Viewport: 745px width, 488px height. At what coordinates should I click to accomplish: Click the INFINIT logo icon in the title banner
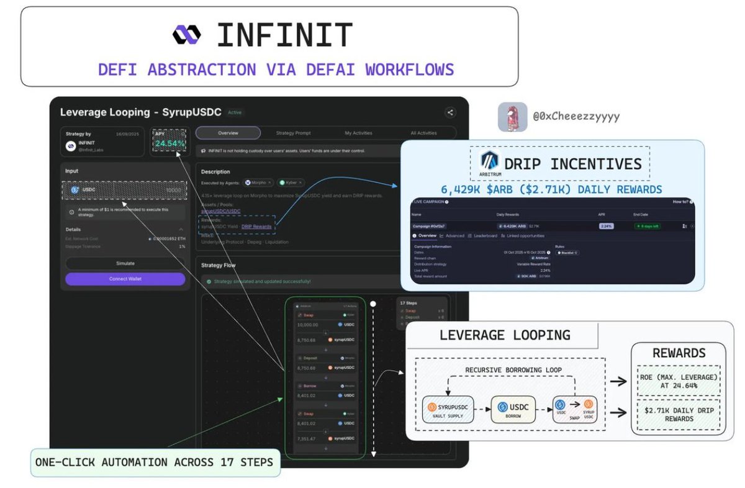(187, 35)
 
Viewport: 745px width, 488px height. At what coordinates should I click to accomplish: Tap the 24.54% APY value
(170, 143)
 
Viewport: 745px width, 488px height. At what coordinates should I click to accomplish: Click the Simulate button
(125, 263)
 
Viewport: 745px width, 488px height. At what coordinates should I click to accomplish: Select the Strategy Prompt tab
(293, 133)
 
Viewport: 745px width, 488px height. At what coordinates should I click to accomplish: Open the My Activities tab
(358, 133)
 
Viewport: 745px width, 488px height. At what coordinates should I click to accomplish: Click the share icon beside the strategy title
(449, 112)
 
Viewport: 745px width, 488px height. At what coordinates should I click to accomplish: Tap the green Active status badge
(235, 112)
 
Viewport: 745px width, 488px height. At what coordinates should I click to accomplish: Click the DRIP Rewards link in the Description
(256, 227)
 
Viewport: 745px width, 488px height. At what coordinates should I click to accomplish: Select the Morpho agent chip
(259, 183)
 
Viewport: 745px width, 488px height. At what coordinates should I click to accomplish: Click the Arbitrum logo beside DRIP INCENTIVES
(489, 163)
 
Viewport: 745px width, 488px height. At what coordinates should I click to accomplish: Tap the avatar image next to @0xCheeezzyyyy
(512, 117)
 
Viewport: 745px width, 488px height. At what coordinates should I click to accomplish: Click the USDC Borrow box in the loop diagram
(513, 409)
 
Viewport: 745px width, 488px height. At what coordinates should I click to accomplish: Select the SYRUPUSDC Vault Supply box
(447, 409)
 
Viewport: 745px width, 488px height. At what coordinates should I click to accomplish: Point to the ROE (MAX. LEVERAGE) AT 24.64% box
(679, 380)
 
